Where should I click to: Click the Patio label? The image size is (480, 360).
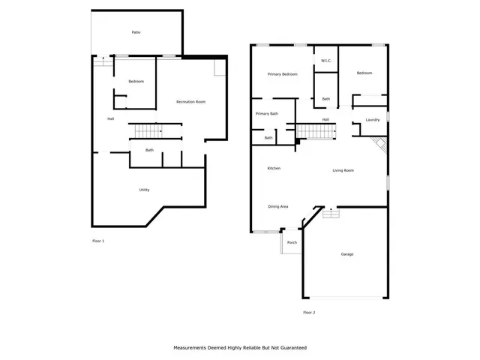click(136, 32)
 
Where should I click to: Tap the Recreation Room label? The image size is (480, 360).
click(190, 101)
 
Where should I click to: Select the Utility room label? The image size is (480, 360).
click(144, 190)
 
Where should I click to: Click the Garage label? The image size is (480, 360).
click(347, 254)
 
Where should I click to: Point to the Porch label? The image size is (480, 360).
click(292, 242)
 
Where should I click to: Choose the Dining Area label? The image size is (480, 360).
click(278, 206)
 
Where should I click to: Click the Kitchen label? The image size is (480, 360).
click(274, 168)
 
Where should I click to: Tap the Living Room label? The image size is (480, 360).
click(343, 170)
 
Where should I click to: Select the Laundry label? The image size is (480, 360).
click(373, 120)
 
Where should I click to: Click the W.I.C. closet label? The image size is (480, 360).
click(326, 61)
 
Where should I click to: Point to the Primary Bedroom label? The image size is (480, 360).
click(283, 74)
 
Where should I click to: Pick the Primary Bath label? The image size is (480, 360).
click(266, 113)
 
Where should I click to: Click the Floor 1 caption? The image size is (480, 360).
click(97, 241)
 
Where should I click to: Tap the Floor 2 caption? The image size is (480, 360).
click(309, 312)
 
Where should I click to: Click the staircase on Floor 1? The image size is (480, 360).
click(148, 132)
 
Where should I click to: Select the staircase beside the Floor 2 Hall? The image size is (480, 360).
click(315, 133)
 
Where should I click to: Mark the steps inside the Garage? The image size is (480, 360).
click(331, 214)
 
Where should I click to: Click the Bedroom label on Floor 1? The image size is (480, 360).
click(136, 81)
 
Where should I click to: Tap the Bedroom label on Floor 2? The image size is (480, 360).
click(364, 73)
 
